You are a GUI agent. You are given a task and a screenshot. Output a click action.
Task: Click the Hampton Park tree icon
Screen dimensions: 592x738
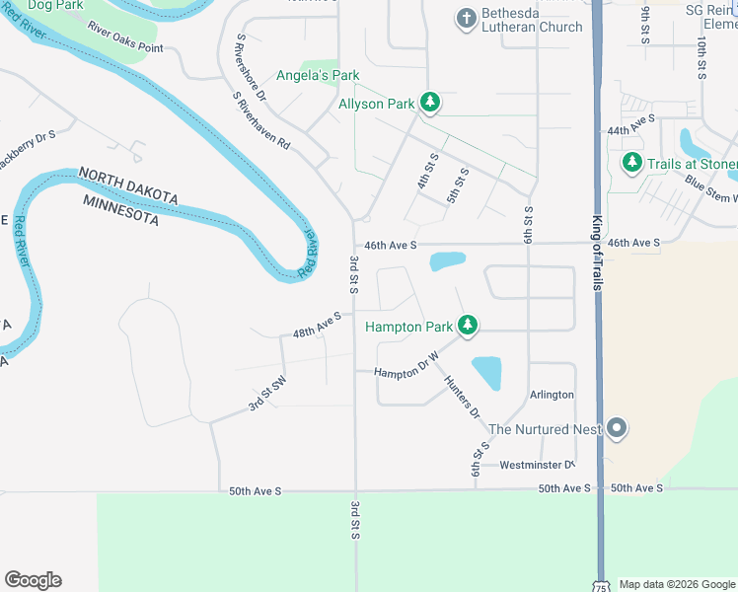468,325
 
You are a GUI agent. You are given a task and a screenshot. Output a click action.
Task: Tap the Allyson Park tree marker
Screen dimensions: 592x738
429,102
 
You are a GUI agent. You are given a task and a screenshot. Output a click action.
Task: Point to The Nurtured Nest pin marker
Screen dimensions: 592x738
617,428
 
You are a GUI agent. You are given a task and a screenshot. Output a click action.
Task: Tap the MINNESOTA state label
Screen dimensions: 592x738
120,210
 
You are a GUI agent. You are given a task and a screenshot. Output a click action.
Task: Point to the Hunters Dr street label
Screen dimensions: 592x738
461,399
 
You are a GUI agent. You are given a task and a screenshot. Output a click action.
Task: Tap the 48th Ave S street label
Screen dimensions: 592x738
317,325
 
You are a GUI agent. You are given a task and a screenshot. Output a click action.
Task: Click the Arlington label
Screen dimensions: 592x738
552,395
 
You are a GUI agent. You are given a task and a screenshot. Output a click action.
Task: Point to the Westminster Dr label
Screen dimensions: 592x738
537,465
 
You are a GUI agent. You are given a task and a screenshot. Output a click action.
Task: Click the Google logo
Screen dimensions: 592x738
33,580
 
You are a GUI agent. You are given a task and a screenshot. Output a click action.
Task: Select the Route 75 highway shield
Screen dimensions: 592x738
601,586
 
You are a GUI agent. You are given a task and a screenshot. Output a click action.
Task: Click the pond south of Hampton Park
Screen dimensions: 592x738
487,373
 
